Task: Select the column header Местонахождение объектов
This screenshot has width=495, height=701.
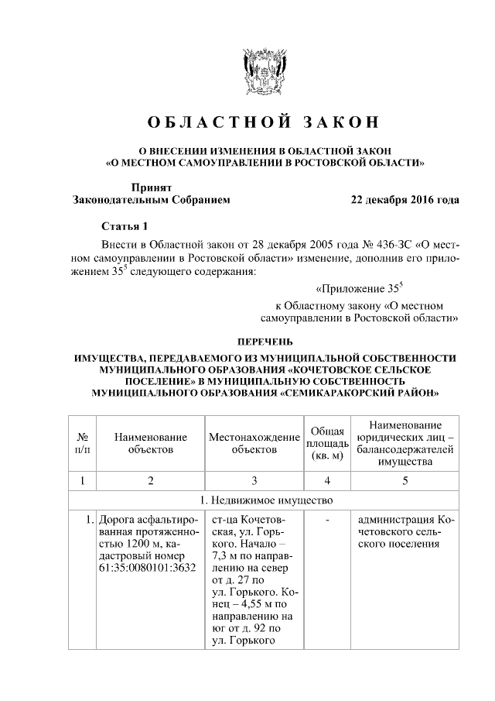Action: (254, 442)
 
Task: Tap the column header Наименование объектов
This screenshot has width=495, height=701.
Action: (151, 442)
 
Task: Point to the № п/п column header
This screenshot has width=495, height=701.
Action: (83, 442)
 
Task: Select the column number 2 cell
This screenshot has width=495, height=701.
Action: (151, 480)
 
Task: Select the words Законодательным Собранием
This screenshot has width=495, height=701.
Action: (151, 200)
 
